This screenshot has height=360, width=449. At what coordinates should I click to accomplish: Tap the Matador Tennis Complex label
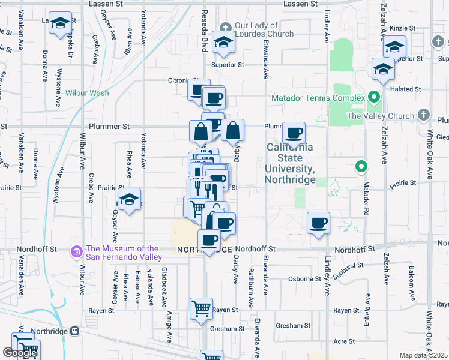coord(318,98)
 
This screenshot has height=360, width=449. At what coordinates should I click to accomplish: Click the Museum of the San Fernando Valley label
coord(123,253)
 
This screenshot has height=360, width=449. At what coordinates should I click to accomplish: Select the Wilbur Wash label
coord(87,93)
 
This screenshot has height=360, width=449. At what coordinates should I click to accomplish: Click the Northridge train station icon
coord(74,331)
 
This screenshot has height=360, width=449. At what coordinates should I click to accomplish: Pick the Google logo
coord(20,353)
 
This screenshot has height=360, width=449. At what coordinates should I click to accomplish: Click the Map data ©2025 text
coord(424,355)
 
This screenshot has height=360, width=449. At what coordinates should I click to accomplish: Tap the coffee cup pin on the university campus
coord(294,133)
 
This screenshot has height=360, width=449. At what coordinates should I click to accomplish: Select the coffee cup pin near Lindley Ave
coord(318,223)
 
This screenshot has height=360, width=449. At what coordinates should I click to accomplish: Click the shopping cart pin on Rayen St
coord(201,308)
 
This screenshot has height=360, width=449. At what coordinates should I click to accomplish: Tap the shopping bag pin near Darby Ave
coord(233,130)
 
